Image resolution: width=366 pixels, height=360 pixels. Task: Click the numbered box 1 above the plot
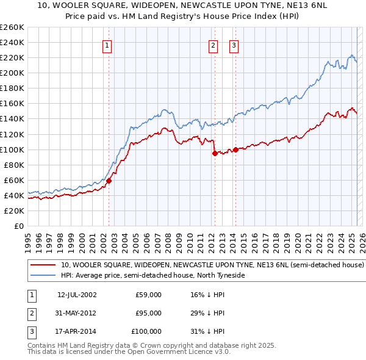click(x=107, y=45)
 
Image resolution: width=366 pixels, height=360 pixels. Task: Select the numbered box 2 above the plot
click(x=213, y=45)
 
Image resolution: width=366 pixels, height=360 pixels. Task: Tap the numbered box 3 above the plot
click(x=234, y=45)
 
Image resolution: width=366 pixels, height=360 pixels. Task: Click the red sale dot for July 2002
click(x=109, y=181)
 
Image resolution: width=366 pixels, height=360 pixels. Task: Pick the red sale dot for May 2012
click(x=215, y=153)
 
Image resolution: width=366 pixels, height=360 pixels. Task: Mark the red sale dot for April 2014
click(x=235, y=149)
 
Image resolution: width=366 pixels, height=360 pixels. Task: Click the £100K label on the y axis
click(x=13, y=149)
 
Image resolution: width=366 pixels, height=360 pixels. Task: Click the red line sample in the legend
click(x=42, y=265)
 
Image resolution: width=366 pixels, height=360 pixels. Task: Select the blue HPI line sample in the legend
click(x=42, y=275)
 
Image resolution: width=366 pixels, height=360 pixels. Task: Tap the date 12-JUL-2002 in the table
click(x=77, y=295)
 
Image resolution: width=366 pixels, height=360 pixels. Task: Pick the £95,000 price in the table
click(x=149, y=313)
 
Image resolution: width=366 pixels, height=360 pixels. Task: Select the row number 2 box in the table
click(x=30, y=313)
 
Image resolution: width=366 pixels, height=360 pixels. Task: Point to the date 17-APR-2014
click(x=77, y=331)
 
